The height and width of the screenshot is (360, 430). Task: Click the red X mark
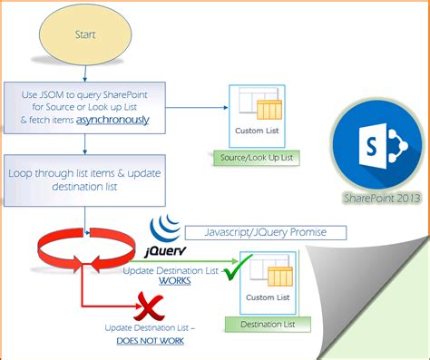pos(146,304)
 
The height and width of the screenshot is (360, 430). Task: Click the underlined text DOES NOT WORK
pos(151,340)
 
